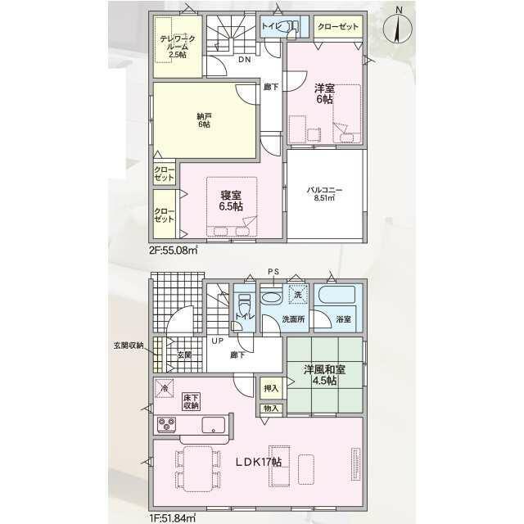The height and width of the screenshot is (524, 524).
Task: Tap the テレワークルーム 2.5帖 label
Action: tap(177, 47)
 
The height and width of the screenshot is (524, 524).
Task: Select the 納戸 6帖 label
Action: tap(204, 120)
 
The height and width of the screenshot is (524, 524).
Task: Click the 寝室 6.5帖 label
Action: tap(231, 201)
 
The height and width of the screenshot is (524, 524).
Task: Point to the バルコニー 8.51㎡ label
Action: tap(324, 194)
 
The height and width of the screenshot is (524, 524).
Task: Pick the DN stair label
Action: tap(244, 60)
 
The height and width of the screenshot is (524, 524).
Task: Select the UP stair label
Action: tap(217, 341)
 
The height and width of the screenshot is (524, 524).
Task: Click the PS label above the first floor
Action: tap(273, 272)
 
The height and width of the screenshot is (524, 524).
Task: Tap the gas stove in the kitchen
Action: tap(166, 424)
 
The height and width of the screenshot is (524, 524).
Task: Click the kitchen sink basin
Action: tap(213, 424)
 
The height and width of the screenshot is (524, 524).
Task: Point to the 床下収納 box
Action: tap(191, 401)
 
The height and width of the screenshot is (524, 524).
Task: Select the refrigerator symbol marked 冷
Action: tap(164, 388)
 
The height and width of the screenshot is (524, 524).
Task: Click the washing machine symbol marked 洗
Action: tap(298, 295)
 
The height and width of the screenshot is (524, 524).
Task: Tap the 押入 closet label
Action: tap(271, 388)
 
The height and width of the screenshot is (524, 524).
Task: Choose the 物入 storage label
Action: tap(271, 409)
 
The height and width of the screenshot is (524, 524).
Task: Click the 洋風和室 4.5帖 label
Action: tap(324, 375)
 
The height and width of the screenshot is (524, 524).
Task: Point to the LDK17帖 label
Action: tap(258, 462)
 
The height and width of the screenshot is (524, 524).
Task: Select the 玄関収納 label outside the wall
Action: tap(129, 346)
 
